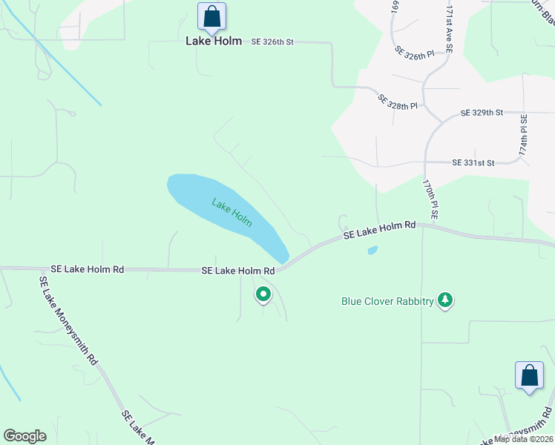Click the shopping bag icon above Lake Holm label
[x=211, y=16]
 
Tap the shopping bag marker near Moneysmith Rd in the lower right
[x=529, y=375]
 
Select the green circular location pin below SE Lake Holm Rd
[x=263, y=295]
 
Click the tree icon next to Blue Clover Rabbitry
[x=444, y=300]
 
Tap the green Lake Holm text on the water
[x=231, y=212]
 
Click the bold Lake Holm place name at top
[x=214, y=42]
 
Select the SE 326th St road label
[x=272, y=42]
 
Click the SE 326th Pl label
[x=414, y=55]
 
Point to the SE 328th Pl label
[x=398, y=102]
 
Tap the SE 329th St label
[x=482, y=113]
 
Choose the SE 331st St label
[x=473, y=162]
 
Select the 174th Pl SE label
[x=524, y=133]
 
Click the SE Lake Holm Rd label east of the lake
[x=379, y=230]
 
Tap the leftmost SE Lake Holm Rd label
[x=88, y=269]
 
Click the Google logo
[x=24, y=436]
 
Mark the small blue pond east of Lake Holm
[x=372, y=250]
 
